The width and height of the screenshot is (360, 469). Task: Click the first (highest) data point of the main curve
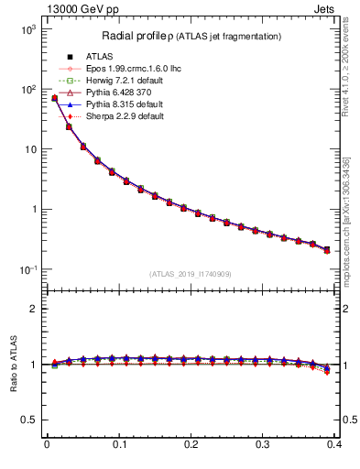click(54, 98)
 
